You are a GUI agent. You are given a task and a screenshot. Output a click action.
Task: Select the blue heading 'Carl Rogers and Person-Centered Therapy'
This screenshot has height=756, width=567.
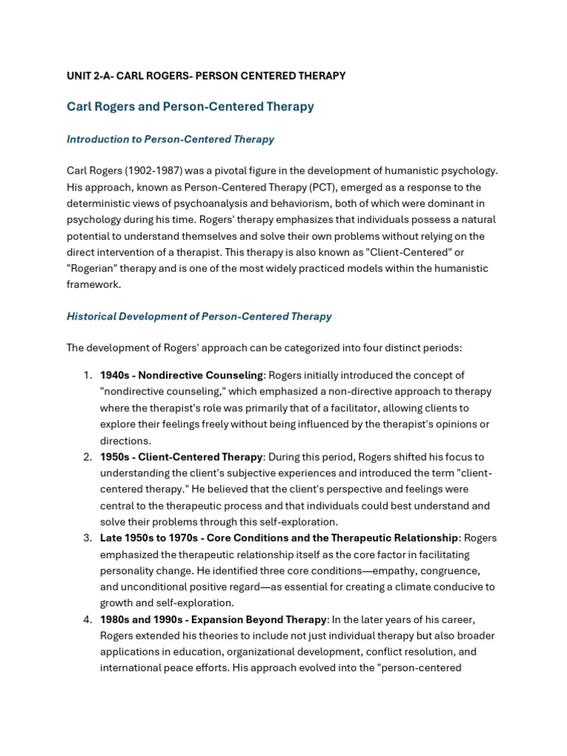190,106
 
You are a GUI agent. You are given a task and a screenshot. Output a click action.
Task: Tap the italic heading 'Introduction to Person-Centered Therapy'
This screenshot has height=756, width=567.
170,139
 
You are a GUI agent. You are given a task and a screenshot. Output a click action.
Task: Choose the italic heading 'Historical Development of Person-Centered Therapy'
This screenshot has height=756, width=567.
199,316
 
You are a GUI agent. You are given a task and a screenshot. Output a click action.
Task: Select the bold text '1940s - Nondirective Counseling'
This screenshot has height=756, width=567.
182,375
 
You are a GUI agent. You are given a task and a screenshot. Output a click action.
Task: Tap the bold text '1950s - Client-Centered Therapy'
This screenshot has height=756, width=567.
182,456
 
